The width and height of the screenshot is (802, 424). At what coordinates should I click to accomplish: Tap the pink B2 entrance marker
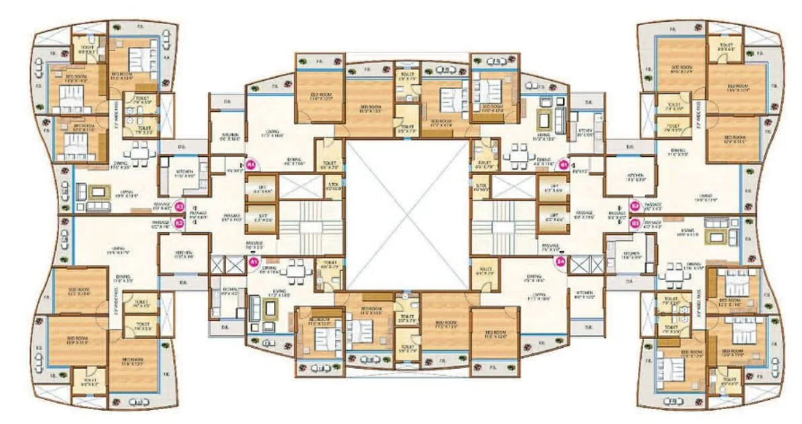634,206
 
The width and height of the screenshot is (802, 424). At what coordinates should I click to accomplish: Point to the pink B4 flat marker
560,262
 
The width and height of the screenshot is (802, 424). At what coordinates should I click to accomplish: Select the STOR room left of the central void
333,186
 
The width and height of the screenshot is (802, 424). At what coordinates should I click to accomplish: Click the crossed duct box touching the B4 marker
579,264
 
